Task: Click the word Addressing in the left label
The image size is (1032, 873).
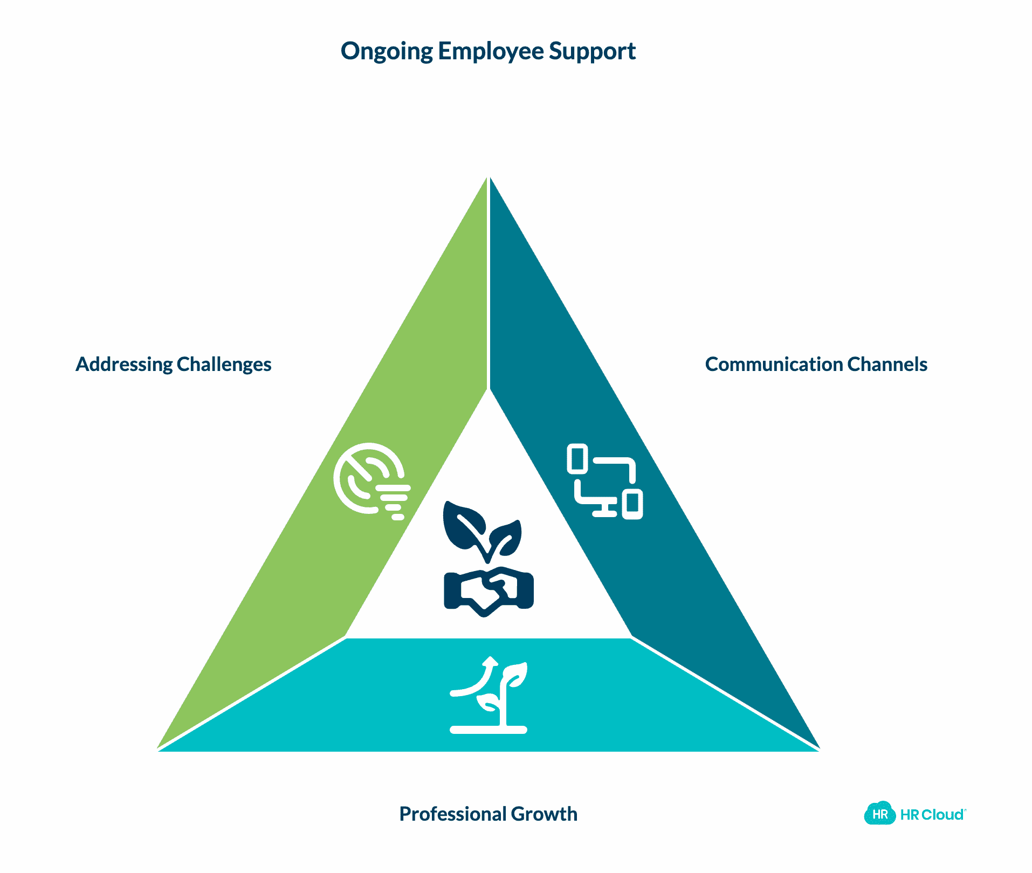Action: (x=123, y=365)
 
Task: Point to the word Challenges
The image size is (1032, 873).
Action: (x=224, y=365)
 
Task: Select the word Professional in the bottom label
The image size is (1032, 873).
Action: (x=453, y=814)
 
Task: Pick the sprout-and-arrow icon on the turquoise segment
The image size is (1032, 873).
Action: (x=489, y=696)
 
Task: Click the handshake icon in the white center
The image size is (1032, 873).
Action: (x=489, y=591)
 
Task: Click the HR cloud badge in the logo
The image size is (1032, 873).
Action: (x=879, y=814)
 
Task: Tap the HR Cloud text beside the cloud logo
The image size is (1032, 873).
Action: (x=932, y=815)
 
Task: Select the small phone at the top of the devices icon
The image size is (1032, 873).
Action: (x=577, y=459)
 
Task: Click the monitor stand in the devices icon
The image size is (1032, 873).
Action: (x=605, y=510)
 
